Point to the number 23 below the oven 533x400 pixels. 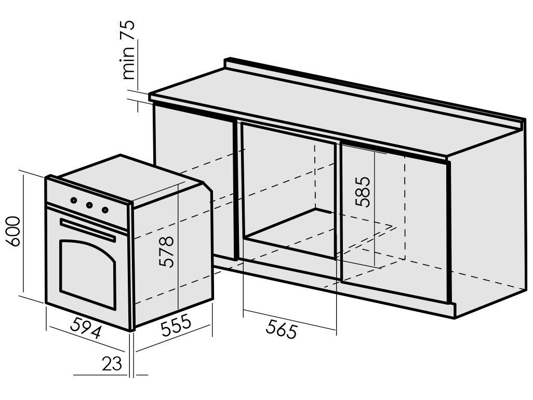(112, 364)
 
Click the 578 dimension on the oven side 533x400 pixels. (166, 251)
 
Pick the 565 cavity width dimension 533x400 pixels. (281, 329)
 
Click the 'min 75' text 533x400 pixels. (127, 49)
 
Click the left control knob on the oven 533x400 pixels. (74, 199)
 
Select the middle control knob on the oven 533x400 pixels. (89, 205)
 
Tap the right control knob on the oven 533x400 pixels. (105, 210)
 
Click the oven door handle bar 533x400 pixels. (87, 230)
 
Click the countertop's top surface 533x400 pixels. (332, 117)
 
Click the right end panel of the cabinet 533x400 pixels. (486, 223)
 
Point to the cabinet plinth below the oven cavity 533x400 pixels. (291, 270)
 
